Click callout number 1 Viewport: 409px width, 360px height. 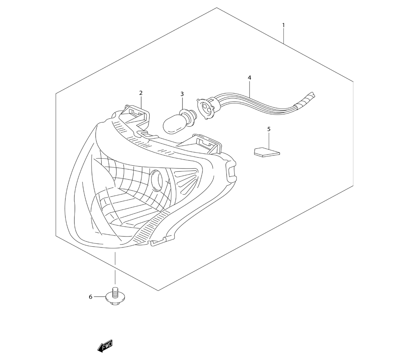point(283,25)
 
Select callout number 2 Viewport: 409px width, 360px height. point(141,93)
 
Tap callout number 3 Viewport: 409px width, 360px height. point(182,94)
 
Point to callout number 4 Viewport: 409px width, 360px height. point(249,77)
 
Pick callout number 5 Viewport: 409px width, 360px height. point(269,129)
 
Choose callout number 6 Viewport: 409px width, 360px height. point(91,297)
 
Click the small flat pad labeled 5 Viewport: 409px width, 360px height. point(266,152)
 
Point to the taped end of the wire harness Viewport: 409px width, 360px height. point(306,99)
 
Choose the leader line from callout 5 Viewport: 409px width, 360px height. point(269,141)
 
